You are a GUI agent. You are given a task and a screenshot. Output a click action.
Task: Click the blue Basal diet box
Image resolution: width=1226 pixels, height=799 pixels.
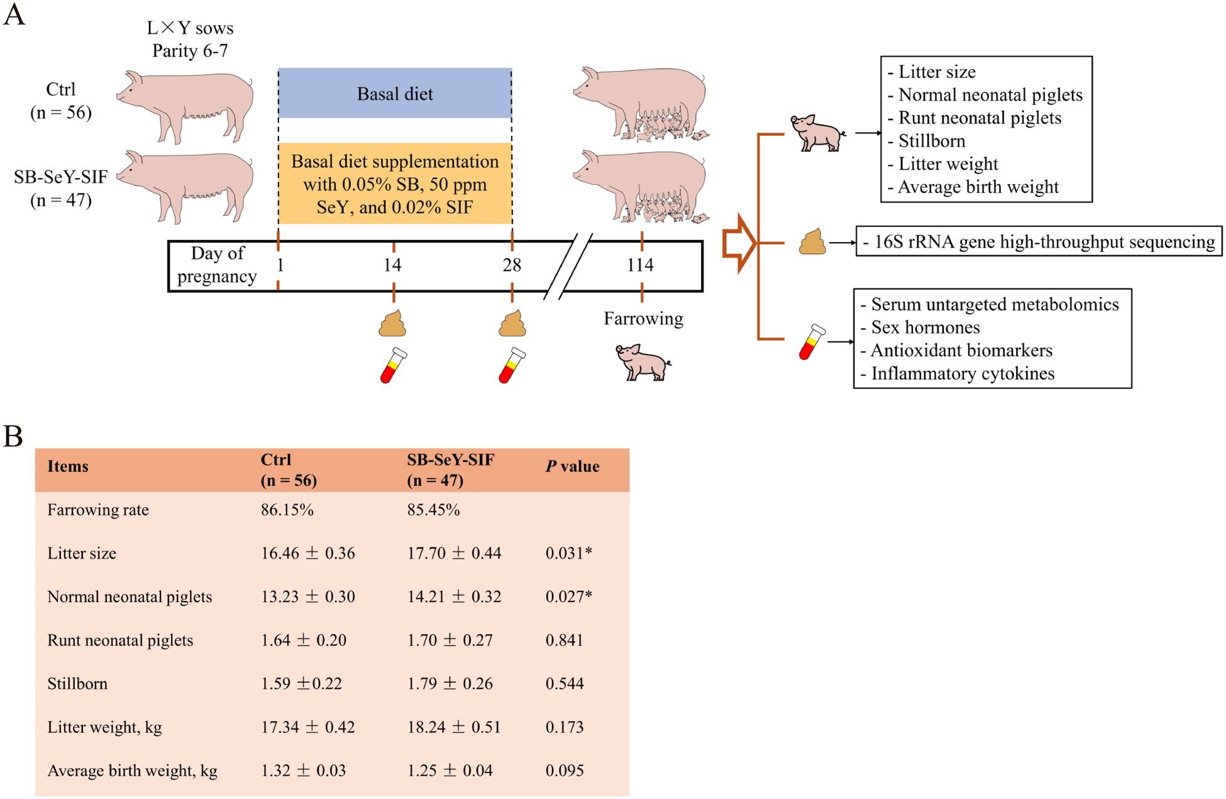(x=395, y=93)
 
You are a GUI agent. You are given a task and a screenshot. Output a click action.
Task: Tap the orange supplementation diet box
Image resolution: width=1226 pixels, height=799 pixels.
(x=395, y=184)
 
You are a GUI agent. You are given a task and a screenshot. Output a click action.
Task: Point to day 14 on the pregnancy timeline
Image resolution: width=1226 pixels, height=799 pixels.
(x=392, y=265)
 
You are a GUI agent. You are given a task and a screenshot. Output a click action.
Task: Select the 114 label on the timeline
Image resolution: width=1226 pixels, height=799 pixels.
(x=640, y=265)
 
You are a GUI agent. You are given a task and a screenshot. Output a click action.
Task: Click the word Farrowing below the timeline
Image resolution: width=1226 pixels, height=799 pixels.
(x=643, y=318)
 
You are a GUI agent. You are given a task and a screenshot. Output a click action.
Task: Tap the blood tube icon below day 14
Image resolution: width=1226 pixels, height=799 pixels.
(x=394, y=365)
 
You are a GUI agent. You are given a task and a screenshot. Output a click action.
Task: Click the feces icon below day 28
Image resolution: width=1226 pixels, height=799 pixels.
(x=512, y=324)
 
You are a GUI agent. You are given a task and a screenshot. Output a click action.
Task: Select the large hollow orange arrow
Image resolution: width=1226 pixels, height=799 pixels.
(x=739, y=243)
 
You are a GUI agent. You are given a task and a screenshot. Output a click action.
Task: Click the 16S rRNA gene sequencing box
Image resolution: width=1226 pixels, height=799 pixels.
(x=1039, y=241)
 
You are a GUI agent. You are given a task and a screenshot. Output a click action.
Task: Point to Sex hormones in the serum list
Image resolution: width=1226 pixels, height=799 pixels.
(x=925, y=328)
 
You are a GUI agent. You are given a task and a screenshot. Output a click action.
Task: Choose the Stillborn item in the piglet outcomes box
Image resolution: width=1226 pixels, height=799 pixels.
(x=932, y=141)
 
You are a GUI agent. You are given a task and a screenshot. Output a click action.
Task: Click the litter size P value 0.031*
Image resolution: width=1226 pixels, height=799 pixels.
(x=568, y=553)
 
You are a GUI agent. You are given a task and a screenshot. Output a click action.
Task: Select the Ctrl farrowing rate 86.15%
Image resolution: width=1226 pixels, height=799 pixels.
(x=287, y=510)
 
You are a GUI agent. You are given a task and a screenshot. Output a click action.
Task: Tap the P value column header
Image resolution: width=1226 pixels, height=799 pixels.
(x=572, y=466)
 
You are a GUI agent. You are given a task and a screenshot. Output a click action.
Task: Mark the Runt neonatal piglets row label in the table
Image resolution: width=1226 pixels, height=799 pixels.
(x=120, y=640)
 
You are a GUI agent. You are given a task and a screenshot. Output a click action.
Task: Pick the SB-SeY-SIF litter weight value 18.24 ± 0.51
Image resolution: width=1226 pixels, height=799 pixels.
(x=454, y=727)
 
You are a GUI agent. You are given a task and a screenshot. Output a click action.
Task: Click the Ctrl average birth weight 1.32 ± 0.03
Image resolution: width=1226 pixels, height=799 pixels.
(x=303, y=771)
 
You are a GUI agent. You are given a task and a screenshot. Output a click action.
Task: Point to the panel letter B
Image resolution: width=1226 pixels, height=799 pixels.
(x=13, y=436)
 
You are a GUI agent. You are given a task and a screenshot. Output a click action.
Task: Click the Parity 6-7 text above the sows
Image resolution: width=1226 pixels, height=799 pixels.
(x=190, y=50)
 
